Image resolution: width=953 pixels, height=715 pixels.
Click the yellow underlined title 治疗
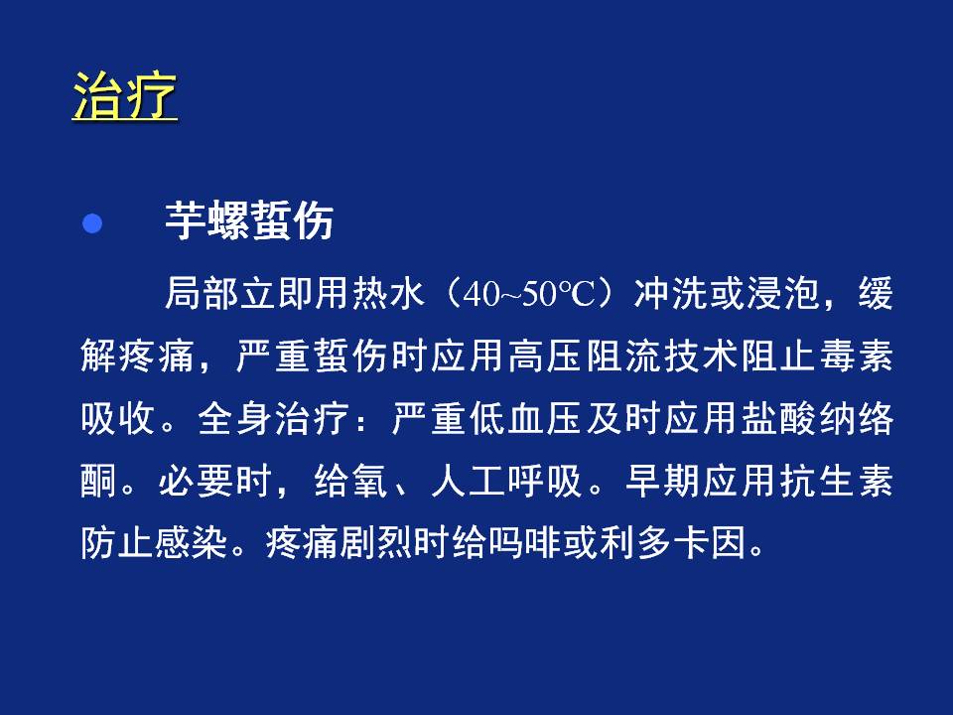[125, 96]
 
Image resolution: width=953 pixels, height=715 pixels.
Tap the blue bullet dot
[92, 223]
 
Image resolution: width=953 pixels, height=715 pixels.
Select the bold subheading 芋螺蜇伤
[249, 220]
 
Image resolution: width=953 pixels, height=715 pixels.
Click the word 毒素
[856, 357]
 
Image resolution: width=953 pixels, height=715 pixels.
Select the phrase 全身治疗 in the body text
[274, 419]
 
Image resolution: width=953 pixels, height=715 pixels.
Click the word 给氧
[351, 482]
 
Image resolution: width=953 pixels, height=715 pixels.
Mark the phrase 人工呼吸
[507, 482]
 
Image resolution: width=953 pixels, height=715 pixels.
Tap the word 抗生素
[836, 482]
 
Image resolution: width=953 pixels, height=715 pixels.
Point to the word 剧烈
[376, 543]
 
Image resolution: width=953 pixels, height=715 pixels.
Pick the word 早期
[661, 482]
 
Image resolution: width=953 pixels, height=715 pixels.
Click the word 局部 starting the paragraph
[202, 294]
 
